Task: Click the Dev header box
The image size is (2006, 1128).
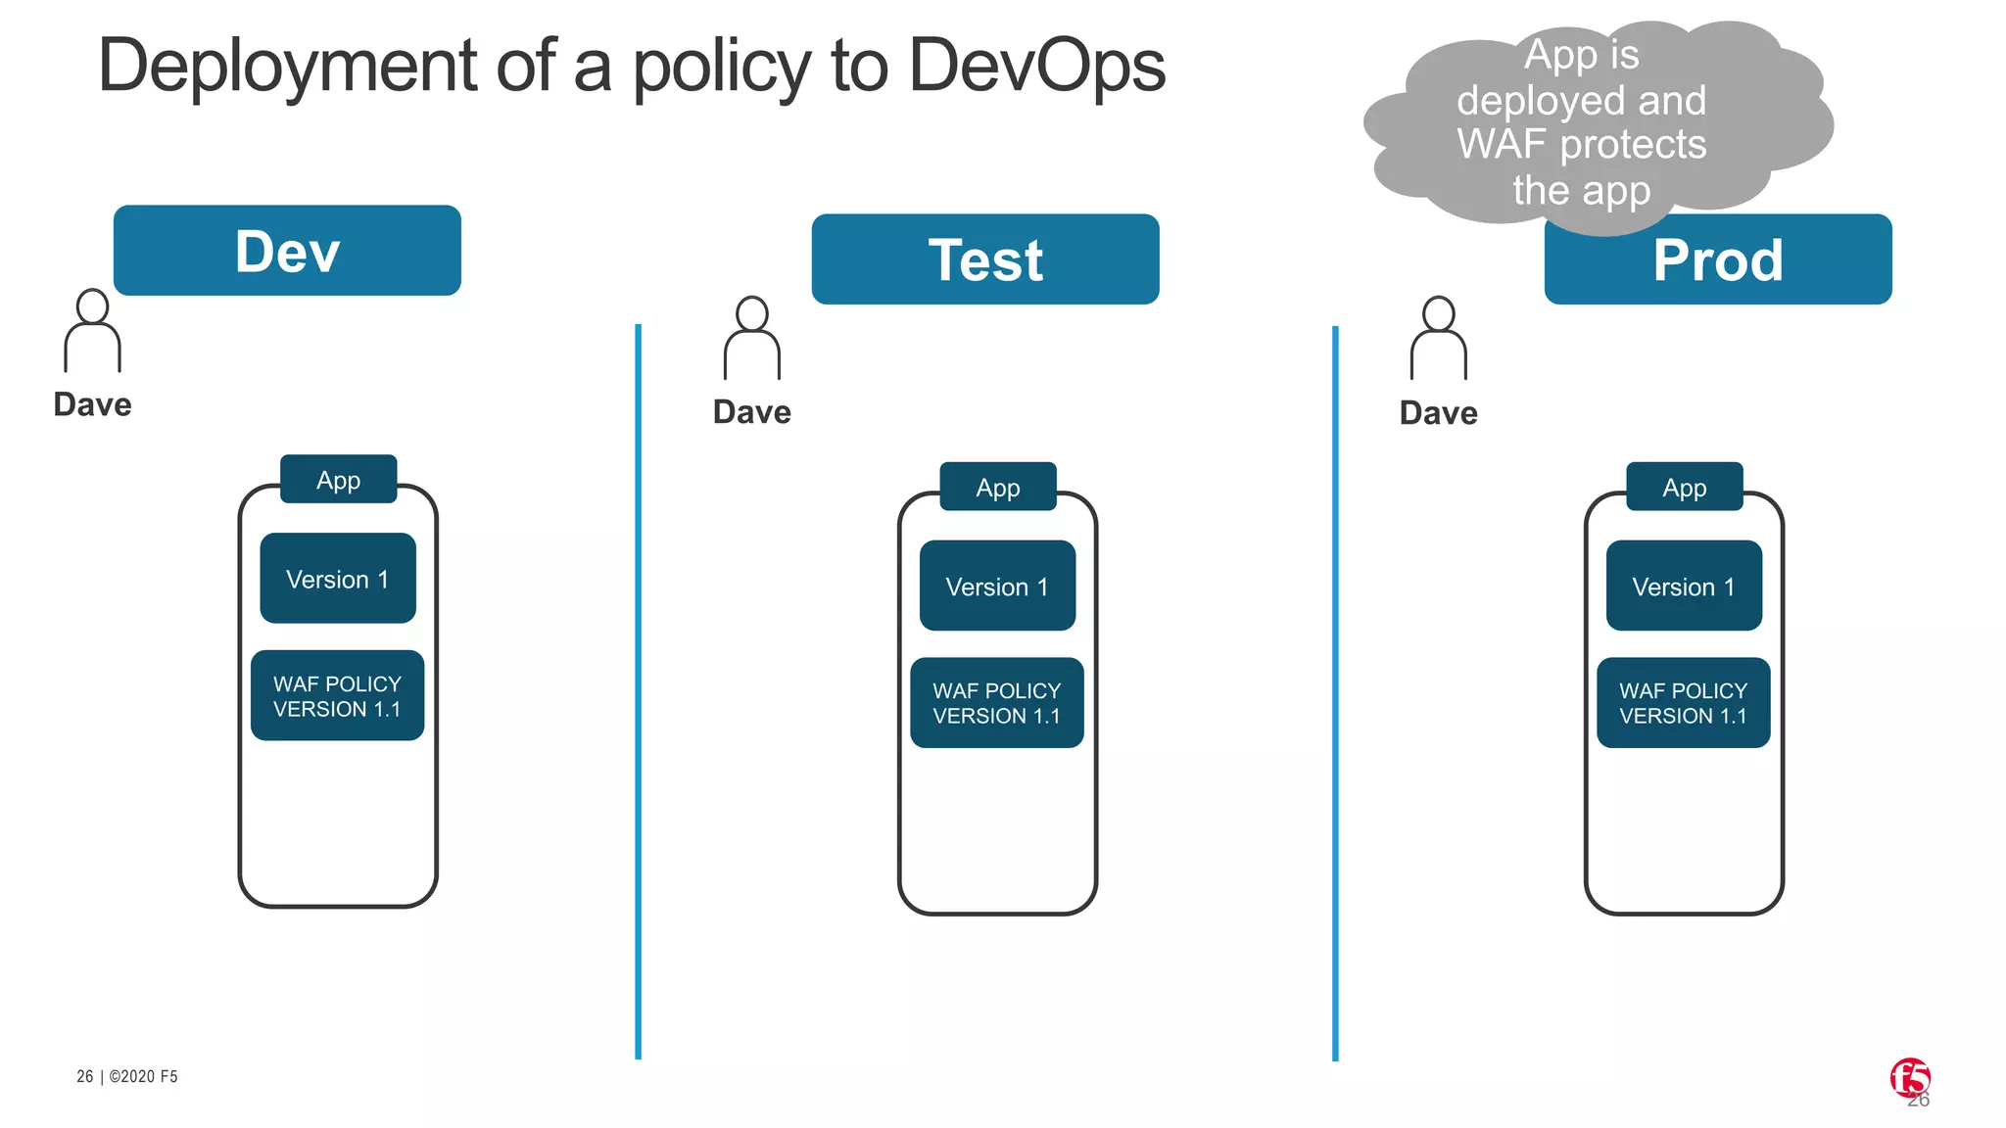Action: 287,251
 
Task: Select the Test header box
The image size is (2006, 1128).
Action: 985,259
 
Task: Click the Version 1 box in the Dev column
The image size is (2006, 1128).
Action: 338,579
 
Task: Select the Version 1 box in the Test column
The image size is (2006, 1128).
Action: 997,586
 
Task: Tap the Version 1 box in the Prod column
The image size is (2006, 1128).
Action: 1684,586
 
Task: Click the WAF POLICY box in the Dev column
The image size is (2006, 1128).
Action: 337,696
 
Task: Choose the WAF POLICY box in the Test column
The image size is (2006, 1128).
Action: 996,703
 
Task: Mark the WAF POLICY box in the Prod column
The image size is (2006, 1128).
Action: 1683,703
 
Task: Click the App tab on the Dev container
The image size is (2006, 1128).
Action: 338,480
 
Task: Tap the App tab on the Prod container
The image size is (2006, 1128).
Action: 1684,487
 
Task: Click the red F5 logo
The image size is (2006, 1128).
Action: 1909,1077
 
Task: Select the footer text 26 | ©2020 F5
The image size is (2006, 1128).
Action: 127,1076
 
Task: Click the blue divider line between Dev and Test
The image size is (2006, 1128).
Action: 638,685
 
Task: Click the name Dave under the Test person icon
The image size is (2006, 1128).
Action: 751,412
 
